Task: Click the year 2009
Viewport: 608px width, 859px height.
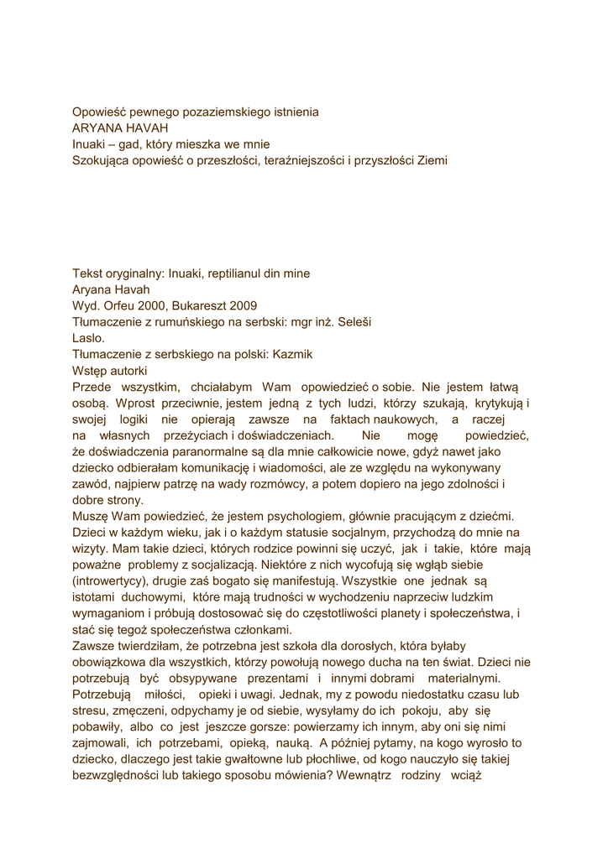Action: (241, 306)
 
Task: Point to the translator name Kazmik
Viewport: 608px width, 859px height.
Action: (292, 355)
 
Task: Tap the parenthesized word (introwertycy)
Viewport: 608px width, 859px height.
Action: (115, 581)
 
